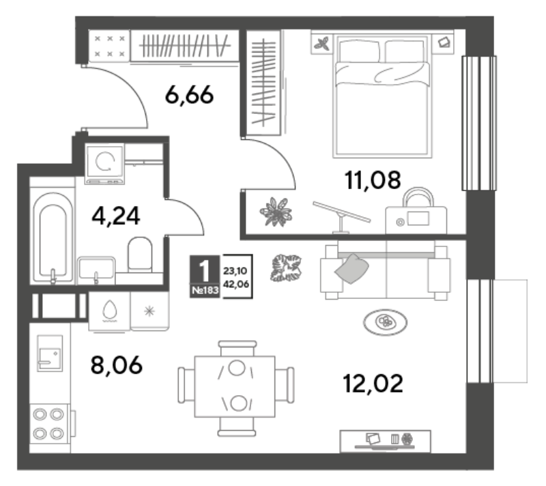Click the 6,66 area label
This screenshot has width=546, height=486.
coord(189,95)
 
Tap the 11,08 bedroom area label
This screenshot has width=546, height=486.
coord(373,180)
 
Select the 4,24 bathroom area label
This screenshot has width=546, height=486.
coord(116,216)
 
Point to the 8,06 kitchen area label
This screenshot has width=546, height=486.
coord(116,365)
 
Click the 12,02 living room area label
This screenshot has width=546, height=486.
coord(373,384)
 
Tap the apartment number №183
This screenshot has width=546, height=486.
coord(205,290)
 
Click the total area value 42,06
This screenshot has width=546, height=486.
coord(236,285)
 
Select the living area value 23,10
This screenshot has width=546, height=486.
coord(235,270)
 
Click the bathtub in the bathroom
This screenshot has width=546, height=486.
coord(53,238)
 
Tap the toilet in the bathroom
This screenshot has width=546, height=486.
coord(140,255)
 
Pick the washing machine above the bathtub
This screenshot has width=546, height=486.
coord(104,163)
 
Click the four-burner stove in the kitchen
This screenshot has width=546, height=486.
coord(48,424)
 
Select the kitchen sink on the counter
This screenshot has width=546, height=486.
coord(50,354)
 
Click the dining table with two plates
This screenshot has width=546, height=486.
coord(235,386)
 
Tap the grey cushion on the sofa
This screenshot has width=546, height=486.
coord(351,269)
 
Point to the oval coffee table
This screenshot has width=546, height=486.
coord(385,322)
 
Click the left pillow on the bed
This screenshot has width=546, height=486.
coord(360,51)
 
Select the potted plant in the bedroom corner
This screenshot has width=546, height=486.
coord(276,212)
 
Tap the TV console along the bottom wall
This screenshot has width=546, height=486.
coord(385,441)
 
